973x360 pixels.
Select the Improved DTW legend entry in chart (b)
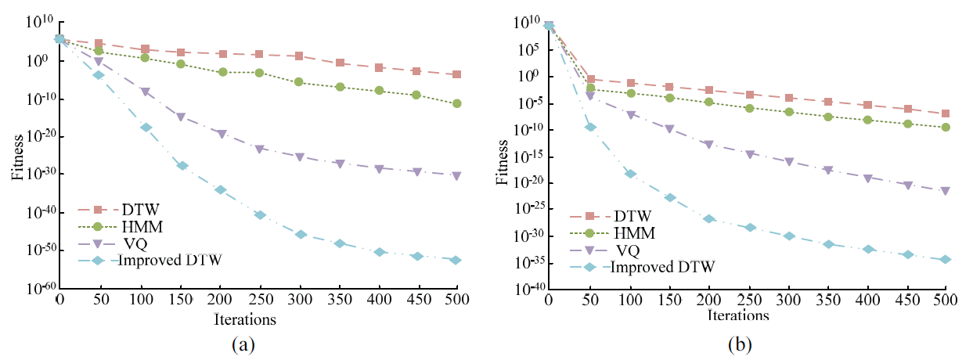(662, 267)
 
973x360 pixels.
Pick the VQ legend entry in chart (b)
(628, 250)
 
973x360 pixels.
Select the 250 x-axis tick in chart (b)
(747, 301)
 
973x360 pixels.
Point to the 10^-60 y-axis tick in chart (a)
(34, 288)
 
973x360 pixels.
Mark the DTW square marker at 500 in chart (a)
(456, 75)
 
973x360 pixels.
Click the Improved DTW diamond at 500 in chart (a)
(456, 260)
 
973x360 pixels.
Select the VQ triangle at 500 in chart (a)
(456, 175)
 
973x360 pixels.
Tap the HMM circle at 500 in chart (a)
(456, 103)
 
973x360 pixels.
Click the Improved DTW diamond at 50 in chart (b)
(589, 127)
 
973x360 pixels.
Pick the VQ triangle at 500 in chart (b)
(946, 190)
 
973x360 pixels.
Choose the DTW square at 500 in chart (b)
(946, 114)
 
